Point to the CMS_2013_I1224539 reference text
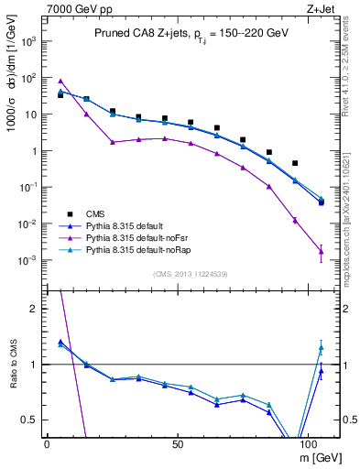[191, 273]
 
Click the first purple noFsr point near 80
[60, 81]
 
